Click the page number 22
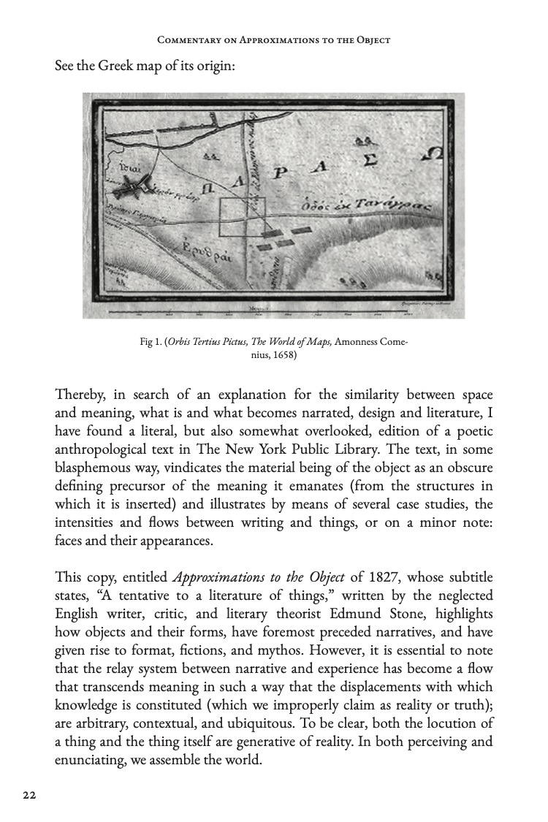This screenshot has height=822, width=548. pyautogui.click(x=29, y=795)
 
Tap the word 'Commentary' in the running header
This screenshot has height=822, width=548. pyautogui.click(x=186, y=40)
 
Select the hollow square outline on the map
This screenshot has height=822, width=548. pyautogui.click(x=244, y=216)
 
